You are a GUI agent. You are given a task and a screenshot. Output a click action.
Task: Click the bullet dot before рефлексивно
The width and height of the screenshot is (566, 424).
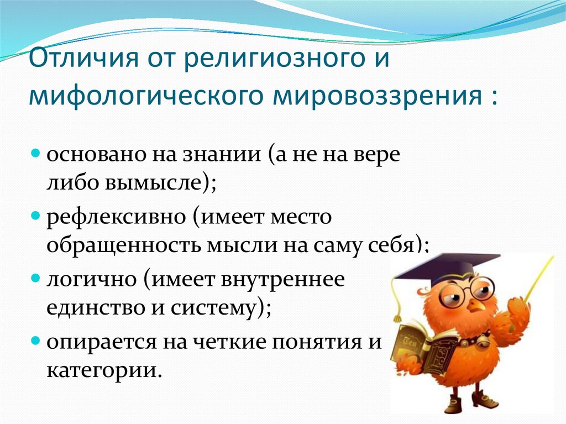tap(34, 214)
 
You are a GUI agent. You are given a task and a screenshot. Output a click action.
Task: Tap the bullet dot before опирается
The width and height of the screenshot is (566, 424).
tap(34, 341)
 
